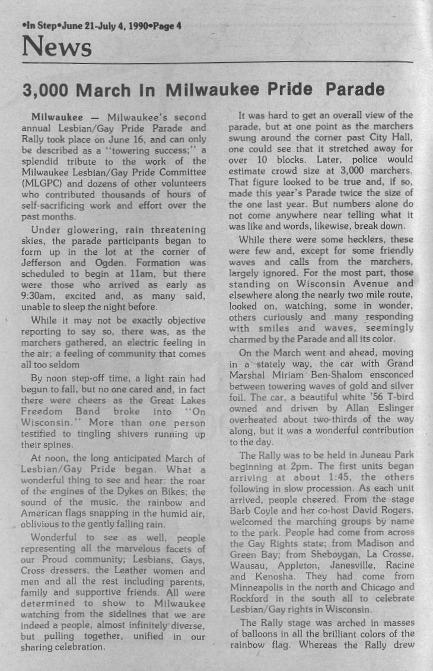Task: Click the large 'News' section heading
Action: coord(57,46)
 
